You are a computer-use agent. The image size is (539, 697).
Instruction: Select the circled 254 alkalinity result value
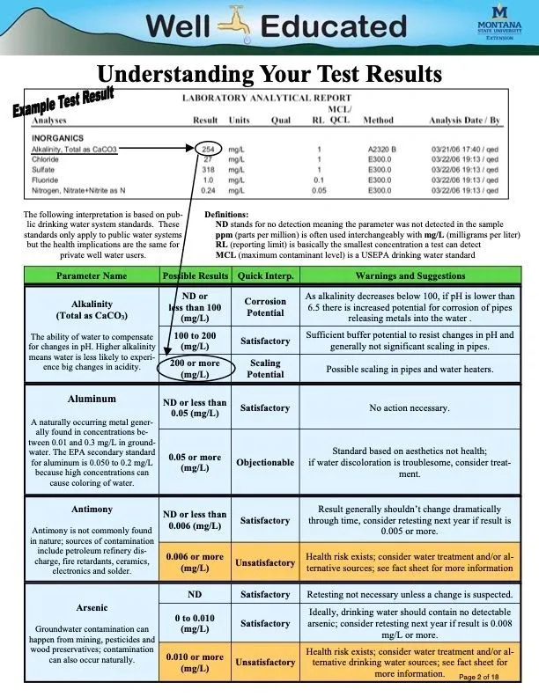tap(207, 149)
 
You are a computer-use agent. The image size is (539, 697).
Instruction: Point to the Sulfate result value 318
tap(207, 170)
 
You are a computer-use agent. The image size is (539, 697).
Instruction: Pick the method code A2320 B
tap(380, 149)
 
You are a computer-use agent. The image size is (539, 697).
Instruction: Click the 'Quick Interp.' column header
tap(265, 275)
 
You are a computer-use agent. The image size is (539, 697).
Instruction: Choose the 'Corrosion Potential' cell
tap(265, 307)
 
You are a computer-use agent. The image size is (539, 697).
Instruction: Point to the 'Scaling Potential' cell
tap(265, 368)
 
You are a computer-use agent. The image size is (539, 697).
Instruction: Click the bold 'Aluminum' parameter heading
tap(92, 399)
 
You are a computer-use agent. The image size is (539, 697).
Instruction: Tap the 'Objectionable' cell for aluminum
tap(265, 462)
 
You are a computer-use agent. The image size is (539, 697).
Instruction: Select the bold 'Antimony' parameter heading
tap(92, 509)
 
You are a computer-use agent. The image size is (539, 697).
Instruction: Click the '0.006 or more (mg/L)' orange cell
tap(194, 562)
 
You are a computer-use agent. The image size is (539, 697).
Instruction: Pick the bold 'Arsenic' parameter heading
tap(92, 608)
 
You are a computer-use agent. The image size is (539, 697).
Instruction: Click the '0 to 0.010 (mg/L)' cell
tap(194, 624)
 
